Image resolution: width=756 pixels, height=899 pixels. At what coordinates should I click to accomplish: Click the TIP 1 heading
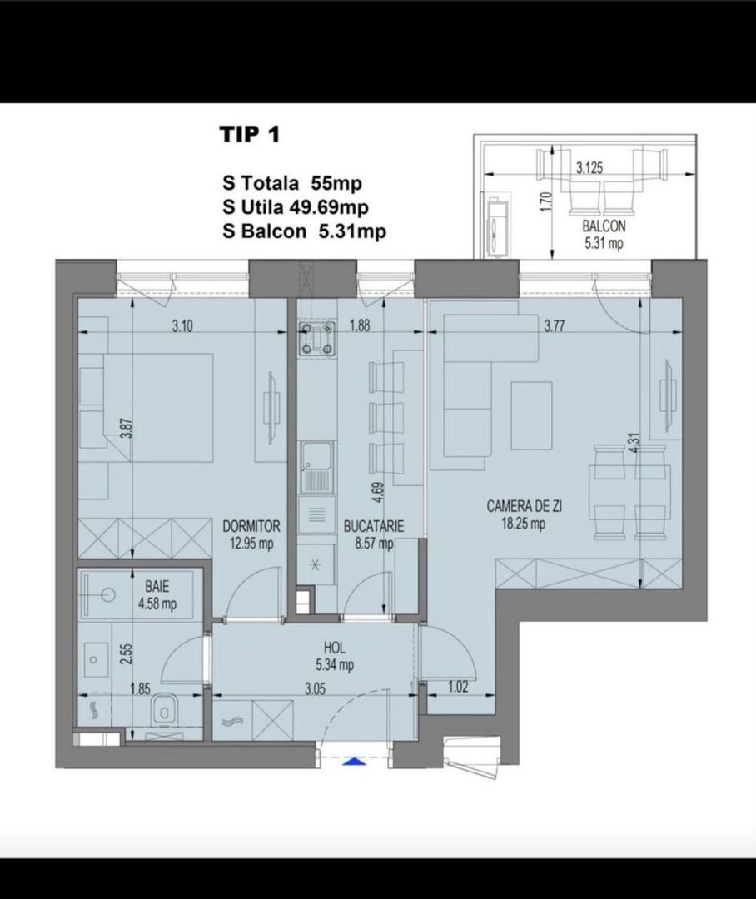tap(250, 135)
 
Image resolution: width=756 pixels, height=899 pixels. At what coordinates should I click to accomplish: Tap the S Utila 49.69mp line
tap(296, 207)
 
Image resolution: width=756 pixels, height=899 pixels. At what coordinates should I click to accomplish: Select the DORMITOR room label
tap(251, 526)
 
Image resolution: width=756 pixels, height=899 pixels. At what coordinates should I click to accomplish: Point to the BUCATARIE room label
tap(373, 526)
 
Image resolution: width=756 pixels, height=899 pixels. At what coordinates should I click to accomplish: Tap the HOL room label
tap(335, 648)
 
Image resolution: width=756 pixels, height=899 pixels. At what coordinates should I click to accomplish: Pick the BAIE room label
tap(157, 587)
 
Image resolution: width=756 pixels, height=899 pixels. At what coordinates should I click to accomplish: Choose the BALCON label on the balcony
tap(604, 226)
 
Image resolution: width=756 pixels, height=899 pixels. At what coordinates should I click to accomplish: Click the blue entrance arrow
tap(354, 762)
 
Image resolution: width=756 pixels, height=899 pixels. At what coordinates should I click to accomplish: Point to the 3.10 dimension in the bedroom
tap(182, 327)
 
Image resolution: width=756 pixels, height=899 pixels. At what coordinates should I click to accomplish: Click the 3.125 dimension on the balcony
tap(589, 168)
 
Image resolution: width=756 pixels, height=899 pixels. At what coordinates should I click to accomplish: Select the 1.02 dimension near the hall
tap(457, 687)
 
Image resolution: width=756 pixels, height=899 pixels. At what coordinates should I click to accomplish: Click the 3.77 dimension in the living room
tap(555, 327)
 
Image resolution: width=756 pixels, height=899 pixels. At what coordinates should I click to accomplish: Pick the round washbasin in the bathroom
tap(108, 595)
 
